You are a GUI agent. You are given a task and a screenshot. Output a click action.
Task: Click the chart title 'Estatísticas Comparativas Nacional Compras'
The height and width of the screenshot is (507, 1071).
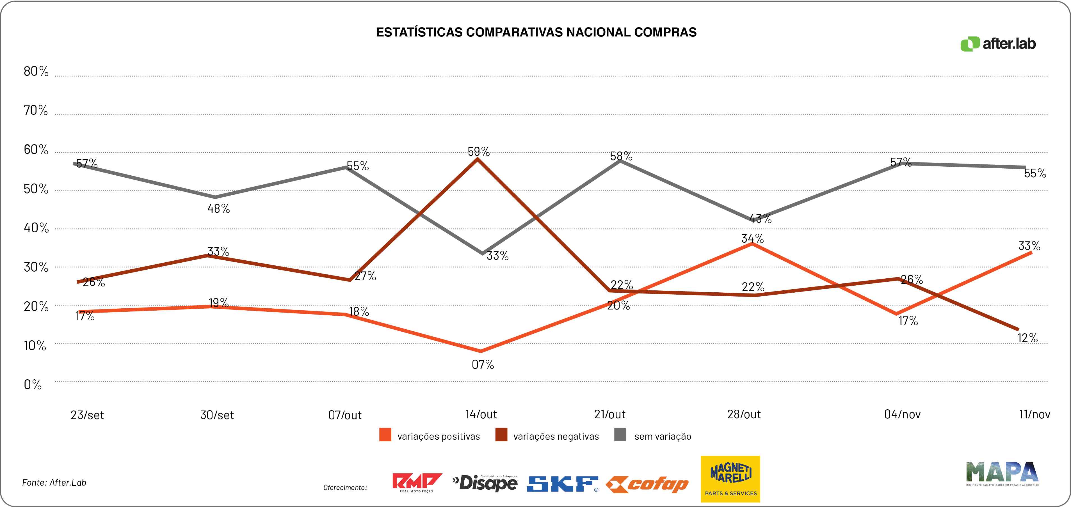(536, 33)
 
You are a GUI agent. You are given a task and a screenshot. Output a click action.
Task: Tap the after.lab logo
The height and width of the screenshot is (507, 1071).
(998, 44)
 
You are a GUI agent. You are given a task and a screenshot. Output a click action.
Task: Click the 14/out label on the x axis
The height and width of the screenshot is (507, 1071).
(481, 414)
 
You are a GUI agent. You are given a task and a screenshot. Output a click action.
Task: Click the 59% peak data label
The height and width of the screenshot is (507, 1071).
(479, 152)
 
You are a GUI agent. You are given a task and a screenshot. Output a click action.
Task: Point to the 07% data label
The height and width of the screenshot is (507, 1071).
(483, 365)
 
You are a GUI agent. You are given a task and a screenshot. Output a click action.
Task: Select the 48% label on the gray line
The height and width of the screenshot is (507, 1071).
(219, 209)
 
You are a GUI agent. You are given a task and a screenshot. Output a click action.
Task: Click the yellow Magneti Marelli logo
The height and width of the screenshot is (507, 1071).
(730, 479)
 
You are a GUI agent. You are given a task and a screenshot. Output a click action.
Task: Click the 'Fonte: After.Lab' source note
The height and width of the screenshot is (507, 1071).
(54, 483)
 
